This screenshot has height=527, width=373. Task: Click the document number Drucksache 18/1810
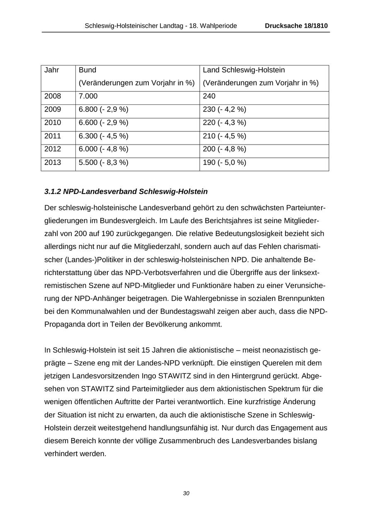pos(296,26)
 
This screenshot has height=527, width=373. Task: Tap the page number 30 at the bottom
pos(186,493)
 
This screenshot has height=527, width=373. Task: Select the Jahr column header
pos(52,70)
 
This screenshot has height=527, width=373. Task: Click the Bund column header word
pos(87,70)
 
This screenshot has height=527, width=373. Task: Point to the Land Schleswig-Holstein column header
pos(244,70)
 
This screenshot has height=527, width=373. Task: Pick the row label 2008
pos(53,96)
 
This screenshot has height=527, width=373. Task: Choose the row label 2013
pos(53,162)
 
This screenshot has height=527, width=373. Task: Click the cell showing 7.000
pos(88,96)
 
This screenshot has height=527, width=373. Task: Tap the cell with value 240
pos(209,96)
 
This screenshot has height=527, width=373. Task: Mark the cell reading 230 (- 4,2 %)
pos(225,109)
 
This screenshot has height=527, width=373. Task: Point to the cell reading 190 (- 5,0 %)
pos(225,162)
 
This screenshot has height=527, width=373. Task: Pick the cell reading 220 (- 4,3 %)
pos(225,123)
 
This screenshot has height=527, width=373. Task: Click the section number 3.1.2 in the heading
pos(53,192)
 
